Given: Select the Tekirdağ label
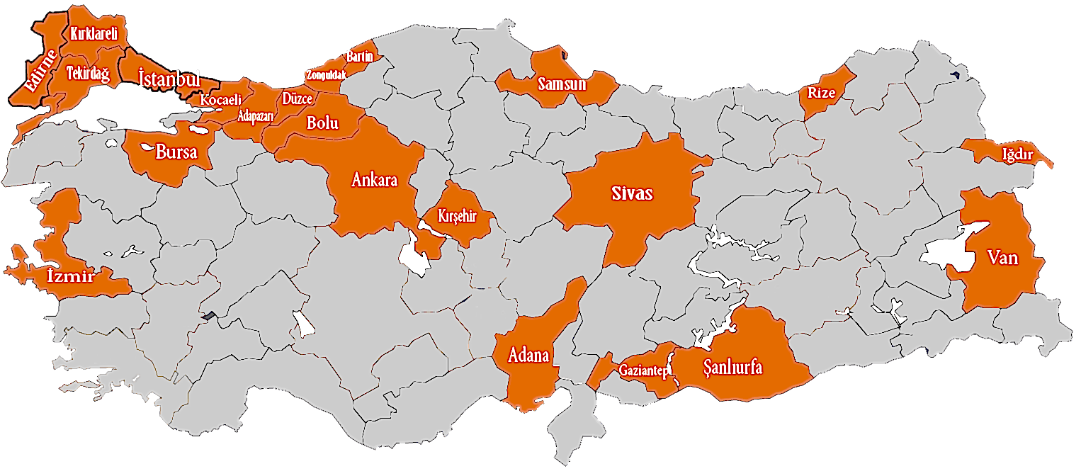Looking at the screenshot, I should click(88, 73).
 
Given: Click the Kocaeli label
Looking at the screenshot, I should click(221, 100).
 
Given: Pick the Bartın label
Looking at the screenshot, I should click(359, 56).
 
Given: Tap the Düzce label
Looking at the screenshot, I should click(297, 98).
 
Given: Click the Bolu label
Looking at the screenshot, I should click(322, 122).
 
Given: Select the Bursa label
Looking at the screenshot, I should click(176, 151).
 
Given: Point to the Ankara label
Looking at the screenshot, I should click(374, 179).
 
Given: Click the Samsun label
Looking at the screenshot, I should click(561, 84).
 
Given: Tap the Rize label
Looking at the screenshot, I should click(822, 92).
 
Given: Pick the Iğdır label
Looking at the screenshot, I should click(1017, 154).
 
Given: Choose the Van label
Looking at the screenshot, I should click(1002, 258).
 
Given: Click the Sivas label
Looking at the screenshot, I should click(632, 193).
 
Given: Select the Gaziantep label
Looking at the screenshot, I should click(644, 370).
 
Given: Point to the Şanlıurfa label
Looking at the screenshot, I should click(732, 368).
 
